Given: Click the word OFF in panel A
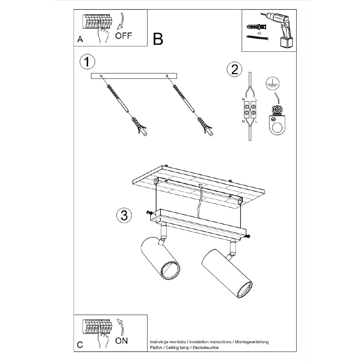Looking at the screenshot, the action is (x=123, y=36).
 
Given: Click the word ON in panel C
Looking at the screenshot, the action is (x=122, y=341).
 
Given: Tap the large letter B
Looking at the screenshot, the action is (x=158, y=39).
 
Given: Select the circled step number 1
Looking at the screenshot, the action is (x=87, y=62).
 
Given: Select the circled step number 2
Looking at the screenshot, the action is (x=234, y=69).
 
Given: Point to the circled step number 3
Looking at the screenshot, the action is (x=124, y=215).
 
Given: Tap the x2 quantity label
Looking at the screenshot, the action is (x=259, y=33).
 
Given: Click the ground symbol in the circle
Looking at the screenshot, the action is (x=273, y=84).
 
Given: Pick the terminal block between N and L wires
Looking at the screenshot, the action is (x=250, y=110).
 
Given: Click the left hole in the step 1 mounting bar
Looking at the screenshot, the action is (x=101, y=76).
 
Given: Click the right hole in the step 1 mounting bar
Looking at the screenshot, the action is (x=167, y=76).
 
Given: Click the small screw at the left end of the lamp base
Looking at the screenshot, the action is (x=149, y=213).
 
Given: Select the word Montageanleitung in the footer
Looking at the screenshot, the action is (x=252, y=342).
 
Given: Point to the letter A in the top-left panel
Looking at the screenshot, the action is (x=80, y=39).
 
